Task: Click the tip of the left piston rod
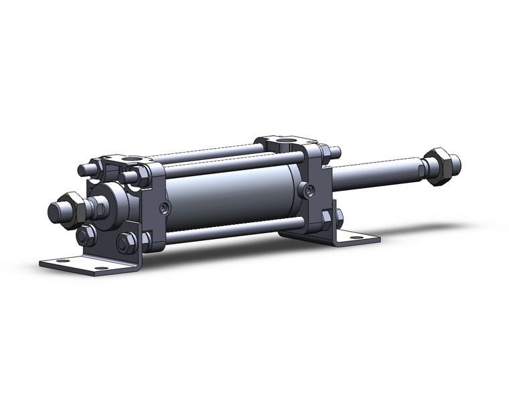click(55, 213)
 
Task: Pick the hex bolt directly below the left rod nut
click(86, 235)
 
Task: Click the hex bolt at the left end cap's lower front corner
click(126, 242)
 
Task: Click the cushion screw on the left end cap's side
click(164, 210)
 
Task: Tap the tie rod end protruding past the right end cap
click(334, 151)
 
